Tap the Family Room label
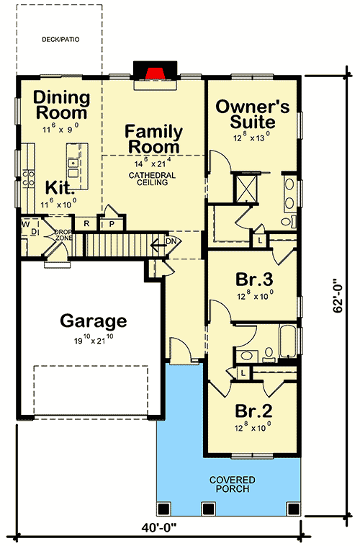(x=153, y=139)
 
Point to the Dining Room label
(x=61, y=105)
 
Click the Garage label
(x=94, y=321)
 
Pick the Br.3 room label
(x=253, y=279)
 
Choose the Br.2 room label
(x=253, y=411)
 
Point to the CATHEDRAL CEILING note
(x=148, y=179)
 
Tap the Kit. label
(x=61, y=187)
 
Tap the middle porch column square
(x=208, y=509)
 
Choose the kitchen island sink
(x=73, y=166)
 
